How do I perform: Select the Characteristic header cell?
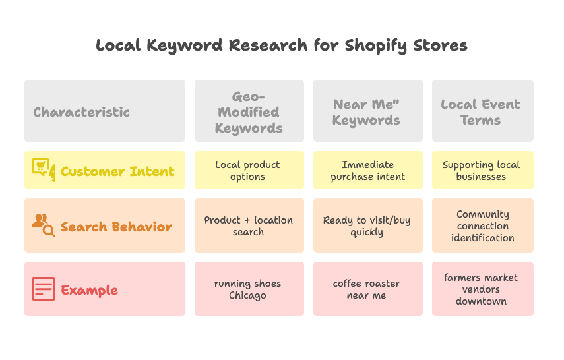[105, 111]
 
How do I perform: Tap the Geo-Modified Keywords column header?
[249, 111]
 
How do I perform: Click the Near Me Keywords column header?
[368, 111]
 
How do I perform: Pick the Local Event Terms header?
[483, 111]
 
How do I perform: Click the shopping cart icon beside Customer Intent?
[44, 169]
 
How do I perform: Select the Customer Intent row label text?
[117, 171]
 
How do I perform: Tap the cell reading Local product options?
[249, 170]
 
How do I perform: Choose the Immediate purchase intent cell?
[368, 170]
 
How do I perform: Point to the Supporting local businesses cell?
[483, 170]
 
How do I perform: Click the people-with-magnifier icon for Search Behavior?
[44, 225]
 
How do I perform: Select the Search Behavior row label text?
[117, 227]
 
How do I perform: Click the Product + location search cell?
[249, 225]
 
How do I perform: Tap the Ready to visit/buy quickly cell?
[368, 225]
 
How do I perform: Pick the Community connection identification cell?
[483, 225]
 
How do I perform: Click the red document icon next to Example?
[44, 289]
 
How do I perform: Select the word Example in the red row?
[90, 291]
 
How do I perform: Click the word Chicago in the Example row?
[248, 295]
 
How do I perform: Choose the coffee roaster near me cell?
[368, 289]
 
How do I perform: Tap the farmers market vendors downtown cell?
[483, 289]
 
